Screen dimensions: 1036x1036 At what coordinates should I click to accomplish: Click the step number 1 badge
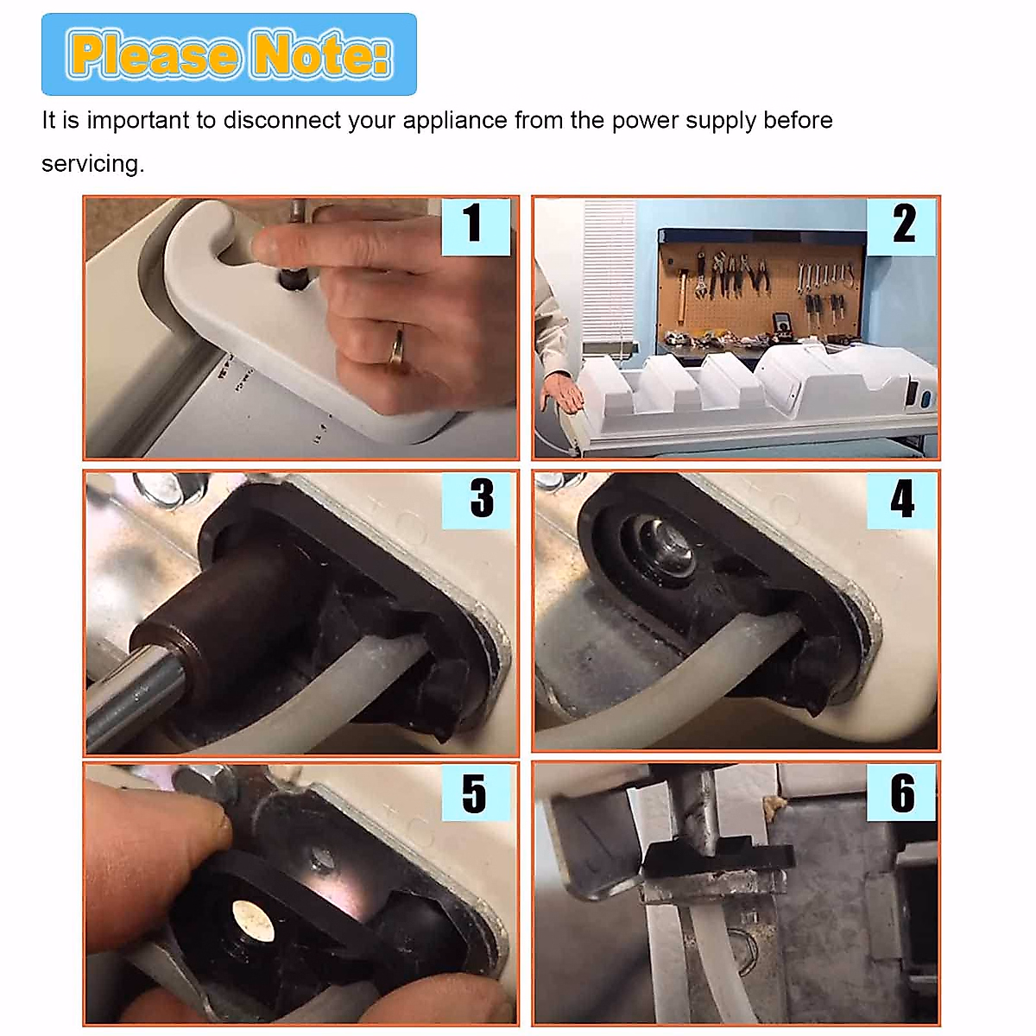[x=476, y=226]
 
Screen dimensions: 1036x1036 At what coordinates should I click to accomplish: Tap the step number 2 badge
[x=901, y=226]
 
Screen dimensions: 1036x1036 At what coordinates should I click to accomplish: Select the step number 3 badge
[x=476, y=500]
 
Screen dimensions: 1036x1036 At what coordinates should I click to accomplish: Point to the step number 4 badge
[x=901, y=500]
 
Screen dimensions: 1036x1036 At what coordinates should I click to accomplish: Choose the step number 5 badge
[x=476, y=792]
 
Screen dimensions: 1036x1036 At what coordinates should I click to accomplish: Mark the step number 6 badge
[x=901, y=792]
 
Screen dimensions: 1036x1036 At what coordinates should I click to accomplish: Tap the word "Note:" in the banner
[x=321, y=54]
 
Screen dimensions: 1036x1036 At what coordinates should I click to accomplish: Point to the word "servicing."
[x=93, y=164]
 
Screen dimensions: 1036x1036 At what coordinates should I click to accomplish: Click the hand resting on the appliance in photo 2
[x=563, y=392]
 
